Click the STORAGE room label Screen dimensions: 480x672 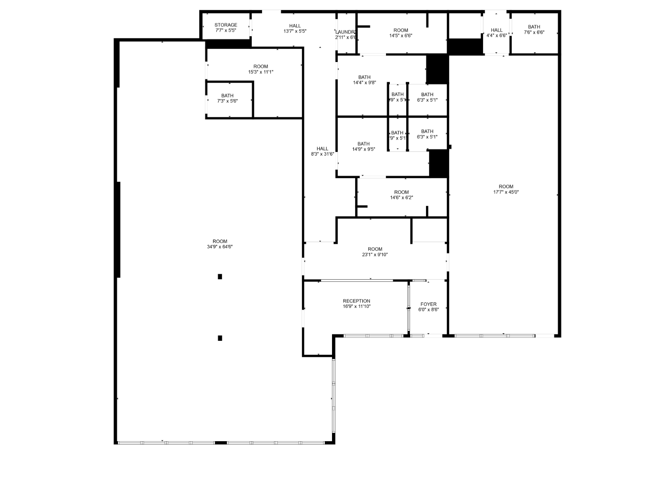pos(226,25)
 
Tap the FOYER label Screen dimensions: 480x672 pos(428,304)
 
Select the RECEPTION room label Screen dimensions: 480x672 pos(356,301)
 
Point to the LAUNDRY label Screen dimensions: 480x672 pos(346,32)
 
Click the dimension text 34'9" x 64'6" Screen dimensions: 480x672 pos(220,247)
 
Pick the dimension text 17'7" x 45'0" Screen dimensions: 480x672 pos(506,192)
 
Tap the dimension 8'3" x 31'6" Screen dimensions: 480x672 pos(322,154)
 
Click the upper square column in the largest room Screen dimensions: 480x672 pos(220,277)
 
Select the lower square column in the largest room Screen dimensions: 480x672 pos(220,338)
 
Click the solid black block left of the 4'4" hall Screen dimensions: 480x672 pos(465,46)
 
